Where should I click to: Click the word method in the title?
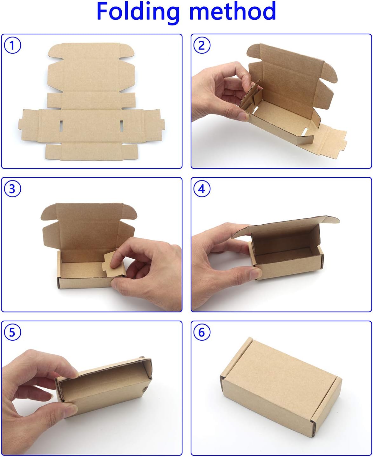click(233, 11)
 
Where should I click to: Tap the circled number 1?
click(13, 45)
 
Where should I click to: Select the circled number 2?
click(202, 45)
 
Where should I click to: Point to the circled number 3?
click(13, 189)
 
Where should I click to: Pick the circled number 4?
click(202, 189)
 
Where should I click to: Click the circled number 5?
click(13, 332)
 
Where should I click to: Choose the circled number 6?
click(202, 332)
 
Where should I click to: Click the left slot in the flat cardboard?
click(61, 126)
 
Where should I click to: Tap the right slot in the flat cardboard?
click(121, 126)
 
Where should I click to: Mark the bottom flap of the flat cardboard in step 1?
click(92, 152)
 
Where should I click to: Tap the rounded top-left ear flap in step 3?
click(49, 212)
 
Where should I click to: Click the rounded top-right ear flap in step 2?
click(330, 72)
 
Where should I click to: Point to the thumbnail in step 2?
click(244, 117)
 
